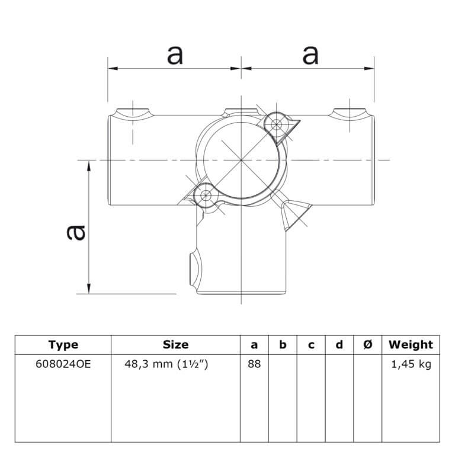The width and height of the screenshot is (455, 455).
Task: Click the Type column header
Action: (x=63, y=345)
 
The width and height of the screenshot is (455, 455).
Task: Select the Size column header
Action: (x=175, y=345)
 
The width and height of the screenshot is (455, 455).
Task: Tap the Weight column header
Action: (x=411, y=345)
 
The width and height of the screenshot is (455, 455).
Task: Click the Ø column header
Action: (x=367, y=345)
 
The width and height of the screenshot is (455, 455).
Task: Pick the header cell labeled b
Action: (x=283, y=345)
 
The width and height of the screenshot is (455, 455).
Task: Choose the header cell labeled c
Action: (x=311, y=345)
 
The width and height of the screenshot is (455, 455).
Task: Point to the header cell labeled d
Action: (x=339, y=345)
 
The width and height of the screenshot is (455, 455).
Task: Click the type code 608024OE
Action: (x=63, y=364)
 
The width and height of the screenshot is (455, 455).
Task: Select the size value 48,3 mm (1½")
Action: (x=166, y=364)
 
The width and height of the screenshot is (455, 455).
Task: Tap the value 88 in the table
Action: (x=254, y=364)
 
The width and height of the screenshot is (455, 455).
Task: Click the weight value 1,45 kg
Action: (x=411, y=364)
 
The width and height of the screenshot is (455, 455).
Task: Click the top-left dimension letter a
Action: (x=175, y=56)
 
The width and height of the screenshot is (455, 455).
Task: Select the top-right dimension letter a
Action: (x=310, y=56)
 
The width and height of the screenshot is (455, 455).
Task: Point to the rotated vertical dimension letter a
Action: (x=76, y=233)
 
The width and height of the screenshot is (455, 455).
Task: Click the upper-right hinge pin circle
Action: (x=276, y=125)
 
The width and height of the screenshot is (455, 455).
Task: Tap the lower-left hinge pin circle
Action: (x=206, y=195)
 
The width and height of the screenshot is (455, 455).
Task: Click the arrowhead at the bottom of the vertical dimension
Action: (x=89, y=289)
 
